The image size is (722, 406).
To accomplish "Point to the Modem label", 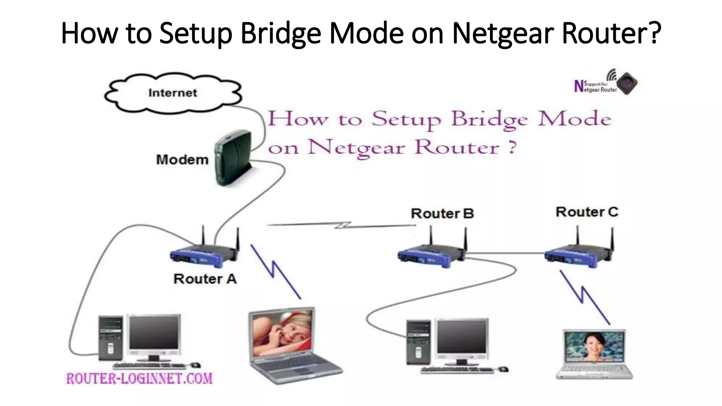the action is click(x=182, y=160).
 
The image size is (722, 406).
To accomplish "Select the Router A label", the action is click(x=205, y=279).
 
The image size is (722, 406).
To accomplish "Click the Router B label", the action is click(x=442, y=213).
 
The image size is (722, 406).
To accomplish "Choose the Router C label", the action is click(x=587, y=212).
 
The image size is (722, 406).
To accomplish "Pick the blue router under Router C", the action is click(x=578, y=255).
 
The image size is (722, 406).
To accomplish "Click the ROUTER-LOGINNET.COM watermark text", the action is click(x=140, y=379).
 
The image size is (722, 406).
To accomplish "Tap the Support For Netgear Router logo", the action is click(x=606, y=83).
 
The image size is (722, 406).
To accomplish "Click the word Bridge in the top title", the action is click(x=281, y=33).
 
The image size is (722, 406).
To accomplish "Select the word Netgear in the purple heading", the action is click(x=356, y=147).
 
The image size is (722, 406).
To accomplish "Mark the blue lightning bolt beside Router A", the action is click(x=275, y=271).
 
